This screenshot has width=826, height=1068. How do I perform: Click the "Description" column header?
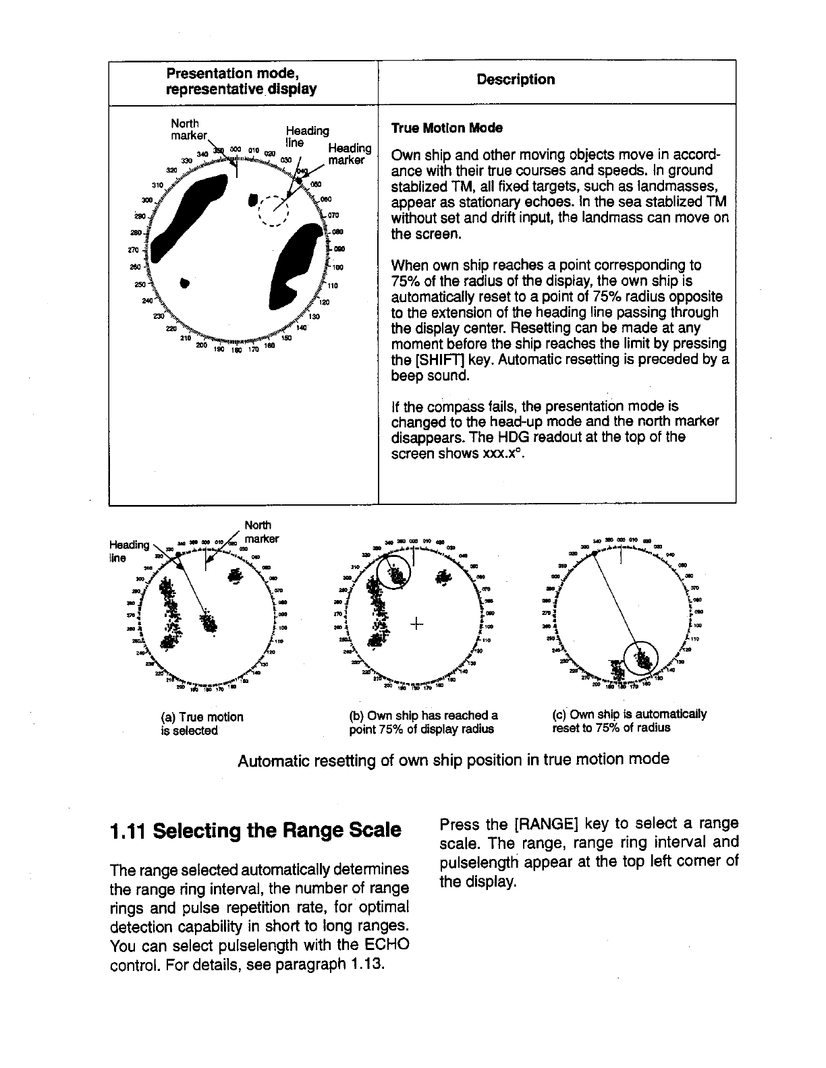[516, 80]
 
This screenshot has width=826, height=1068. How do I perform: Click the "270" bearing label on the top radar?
[140, 249]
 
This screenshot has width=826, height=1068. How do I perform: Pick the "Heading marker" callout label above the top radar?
[348, 154]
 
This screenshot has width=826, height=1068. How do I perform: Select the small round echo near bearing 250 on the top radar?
[185, 281]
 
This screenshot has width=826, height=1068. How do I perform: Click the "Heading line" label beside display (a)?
[129, 551]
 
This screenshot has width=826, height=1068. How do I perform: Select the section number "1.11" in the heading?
[128, 829]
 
